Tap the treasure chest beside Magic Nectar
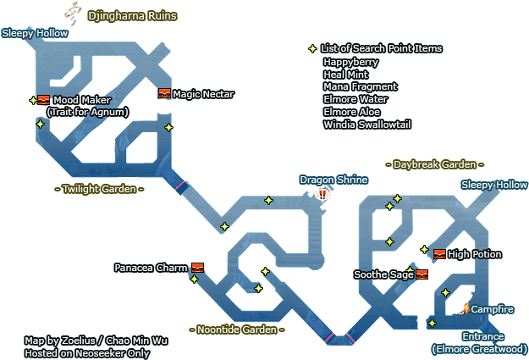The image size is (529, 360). [164, 93]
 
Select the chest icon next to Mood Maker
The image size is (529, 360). [44, 100]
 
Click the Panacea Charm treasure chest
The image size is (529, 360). [197, 268]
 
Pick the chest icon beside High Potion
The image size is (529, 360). [439, 254]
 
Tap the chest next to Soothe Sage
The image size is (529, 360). [422, 274]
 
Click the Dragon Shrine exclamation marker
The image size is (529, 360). [322, 194]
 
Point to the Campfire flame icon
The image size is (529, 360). [465, 308]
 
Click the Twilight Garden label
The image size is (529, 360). [98, 189]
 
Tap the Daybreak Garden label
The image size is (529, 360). [434, 164]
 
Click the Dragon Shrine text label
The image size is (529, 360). [333, 180]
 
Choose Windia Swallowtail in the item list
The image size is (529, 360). [366, 125]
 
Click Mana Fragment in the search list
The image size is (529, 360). [360, 86]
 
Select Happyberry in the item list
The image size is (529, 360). [350, 62]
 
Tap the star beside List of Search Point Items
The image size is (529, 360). [312, 49]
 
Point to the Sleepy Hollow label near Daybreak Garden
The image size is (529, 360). [494, 185]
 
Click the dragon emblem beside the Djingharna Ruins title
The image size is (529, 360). [74, 12]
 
